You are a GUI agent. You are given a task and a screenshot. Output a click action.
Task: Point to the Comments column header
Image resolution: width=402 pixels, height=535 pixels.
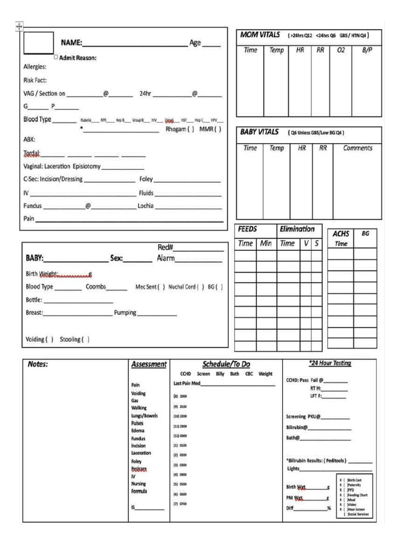358,148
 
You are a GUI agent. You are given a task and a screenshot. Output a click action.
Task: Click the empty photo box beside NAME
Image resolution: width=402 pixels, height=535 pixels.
39,42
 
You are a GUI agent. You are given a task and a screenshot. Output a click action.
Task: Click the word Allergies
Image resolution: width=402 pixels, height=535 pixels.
35,67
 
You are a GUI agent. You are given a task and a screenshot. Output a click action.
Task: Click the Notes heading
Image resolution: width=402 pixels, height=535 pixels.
38,365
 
